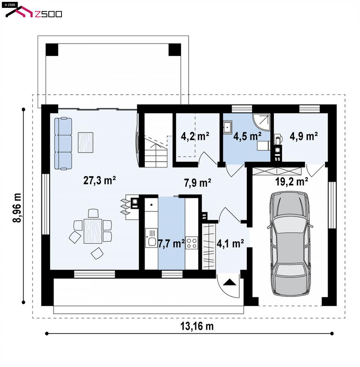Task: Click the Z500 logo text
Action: click(x=48, y=14)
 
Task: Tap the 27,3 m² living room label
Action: click(x=99, y=180)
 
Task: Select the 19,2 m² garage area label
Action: click(x=291, y=181)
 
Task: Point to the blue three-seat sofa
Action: click(x=63, y=144)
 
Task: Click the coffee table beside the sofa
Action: click(x=85, y=142)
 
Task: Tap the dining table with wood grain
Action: click(x=93, y=231)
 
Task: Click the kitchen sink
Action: click(x=151, y=238)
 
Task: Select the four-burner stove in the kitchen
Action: click(x=192, y=243)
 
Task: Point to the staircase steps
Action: click(x=156, y=153)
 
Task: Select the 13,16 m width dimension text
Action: click(x=197, y=326)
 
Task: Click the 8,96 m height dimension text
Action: click(x=17, y=208)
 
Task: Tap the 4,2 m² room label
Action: click(x=195, y=136)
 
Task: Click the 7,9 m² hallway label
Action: click(x=198, y=183)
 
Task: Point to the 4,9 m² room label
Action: click(x=304, y=136)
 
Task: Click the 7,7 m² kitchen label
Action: click(x=171, y=243)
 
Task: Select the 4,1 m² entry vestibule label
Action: click(x=230, y=244)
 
